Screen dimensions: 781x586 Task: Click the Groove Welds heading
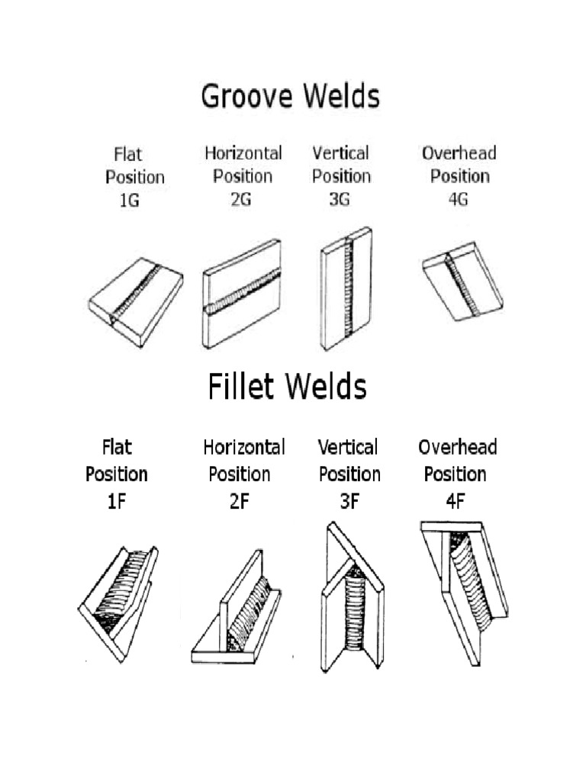click(289, 98)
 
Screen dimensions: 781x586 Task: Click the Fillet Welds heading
click(287, 387)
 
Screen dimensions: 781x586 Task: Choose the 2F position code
click(239, 503)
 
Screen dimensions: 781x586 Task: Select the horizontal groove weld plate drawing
click(242, 294)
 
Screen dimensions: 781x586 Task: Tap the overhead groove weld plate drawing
click(462, 282)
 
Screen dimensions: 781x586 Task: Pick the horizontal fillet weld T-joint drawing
click(237, 610)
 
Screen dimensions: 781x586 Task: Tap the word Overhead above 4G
click(459, 153)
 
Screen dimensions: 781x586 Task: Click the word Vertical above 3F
click(348, 447)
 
